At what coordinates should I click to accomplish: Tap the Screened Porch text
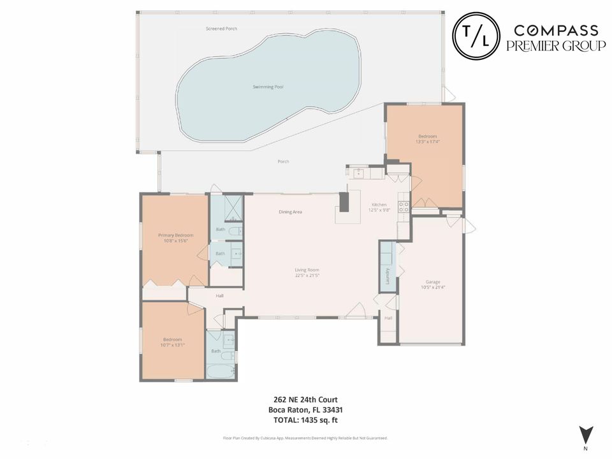pos(221,29)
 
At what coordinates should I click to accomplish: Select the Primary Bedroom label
pos(175,235)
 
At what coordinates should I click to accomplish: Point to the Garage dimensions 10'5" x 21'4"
pos(433,288)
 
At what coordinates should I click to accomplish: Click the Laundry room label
pos(387,275)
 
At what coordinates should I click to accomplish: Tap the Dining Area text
pos(290,212)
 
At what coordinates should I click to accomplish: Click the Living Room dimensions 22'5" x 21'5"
pos(307,275)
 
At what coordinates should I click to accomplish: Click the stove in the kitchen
pos(404,207)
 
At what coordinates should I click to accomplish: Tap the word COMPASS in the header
pos(556,30)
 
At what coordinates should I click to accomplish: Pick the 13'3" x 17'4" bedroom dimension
pos(428,142)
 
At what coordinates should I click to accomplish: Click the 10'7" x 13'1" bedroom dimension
pos(172,345)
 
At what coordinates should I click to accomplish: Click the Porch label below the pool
pos(283,161)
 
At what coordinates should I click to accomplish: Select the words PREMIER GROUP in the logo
pos(556,45)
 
